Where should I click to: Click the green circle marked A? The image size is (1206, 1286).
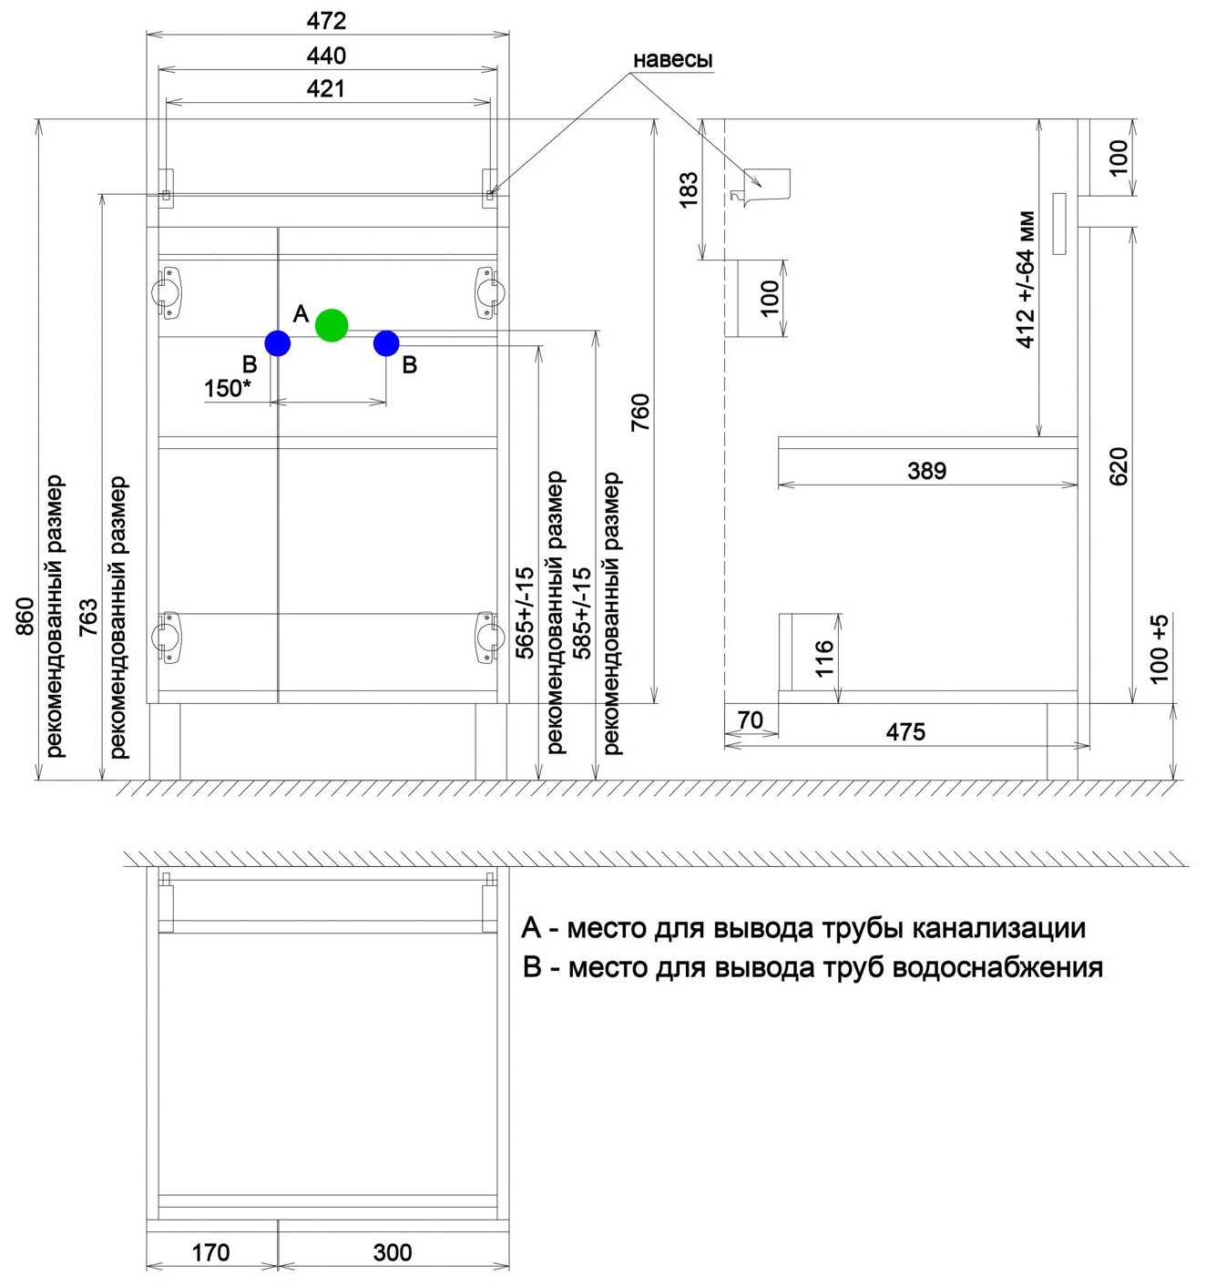[x=332, y=325]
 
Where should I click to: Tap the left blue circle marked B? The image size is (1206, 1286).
[x=277, y=343]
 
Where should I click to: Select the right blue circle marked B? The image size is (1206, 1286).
[x=386, y=343]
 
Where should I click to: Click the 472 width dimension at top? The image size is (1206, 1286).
[x=327, y=21]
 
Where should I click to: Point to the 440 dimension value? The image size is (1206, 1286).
[x=327, y=56]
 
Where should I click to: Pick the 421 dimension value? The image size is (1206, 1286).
[x=327, y=88]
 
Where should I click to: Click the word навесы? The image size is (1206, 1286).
[x=672, y=60]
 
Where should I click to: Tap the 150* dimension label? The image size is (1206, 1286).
[x=227, y=389]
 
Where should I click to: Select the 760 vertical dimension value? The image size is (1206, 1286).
[x=640, y=412]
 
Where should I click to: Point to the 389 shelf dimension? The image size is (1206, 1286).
[x=926, y=471]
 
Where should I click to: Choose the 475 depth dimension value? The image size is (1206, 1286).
[x=905, y=731]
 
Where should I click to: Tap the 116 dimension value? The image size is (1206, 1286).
[x=824, y=658]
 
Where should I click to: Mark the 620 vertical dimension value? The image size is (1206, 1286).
[x=1119, y=465]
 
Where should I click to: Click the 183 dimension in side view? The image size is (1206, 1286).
[x=689, y=189]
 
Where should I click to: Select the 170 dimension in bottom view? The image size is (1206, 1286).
[x=210, y=1252]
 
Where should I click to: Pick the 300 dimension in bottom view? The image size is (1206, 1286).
[x=393, y=1252]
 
